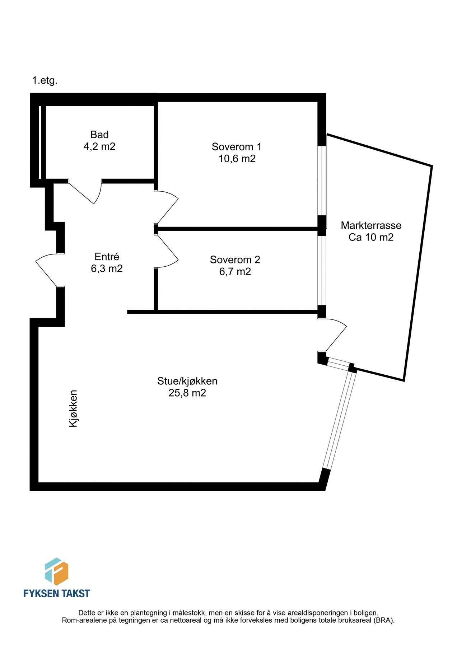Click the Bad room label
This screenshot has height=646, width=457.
[x=99, y=135]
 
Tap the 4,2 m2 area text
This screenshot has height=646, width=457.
[x=99, y=146]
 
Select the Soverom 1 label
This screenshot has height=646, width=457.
[x=237, y=146]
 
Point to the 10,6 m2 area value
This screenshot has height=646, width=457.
[x=237, y=158]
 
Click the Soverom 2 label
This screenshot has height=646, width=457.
[x=235, y=259]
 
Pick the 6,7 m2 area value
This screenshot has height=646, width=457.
[x=235, y=271]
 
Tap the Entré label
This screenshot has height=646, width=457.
[x=107, y=257]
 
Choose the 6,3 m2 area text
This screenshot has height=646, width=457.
[x=107, y=268]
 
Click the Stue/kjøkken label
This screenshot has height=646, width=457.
[x=187, y=381]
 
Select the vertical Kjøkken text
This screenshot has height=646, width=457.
[x=73, y=408]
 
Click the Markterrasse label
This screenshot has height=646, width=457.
[x=371, y=225]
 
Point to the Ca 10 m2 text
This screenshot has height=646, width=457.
[x=371, y=237]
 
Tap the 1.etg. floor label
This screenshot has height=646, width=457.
[x=45, y=80]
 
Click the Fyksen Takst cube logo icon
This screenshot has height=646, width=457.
[x=56, y=571]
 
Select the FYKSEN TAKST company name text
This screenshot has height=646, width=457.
[x=56, y=593]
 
